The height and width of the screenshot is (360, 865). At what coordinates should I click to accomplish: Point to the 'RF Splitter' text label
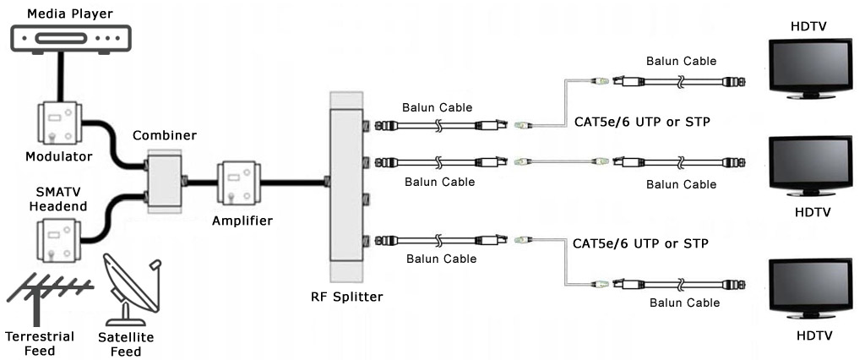(346, 297)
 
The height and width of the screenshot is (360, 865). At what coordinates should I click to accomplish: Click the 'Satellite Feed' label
(127, 343)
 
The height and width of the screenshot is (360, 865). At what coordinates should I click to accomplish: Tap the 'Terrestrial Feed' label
(39, 343)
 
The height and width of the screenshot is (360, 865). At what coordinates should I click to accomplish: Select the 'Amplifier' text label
(244, 221)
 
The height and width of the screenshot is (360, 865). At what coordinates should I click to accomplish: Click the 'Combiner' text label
(165, 135)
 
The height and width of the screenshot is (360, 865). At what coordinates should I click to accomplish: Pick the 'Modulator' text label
(58, 156)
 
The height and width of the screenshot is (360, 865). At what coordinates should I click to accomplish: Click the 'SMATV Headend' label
(58, 199)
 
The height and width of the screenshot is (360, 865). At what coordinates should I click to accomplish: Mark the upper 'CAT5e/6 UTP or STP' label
(641, 122)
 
